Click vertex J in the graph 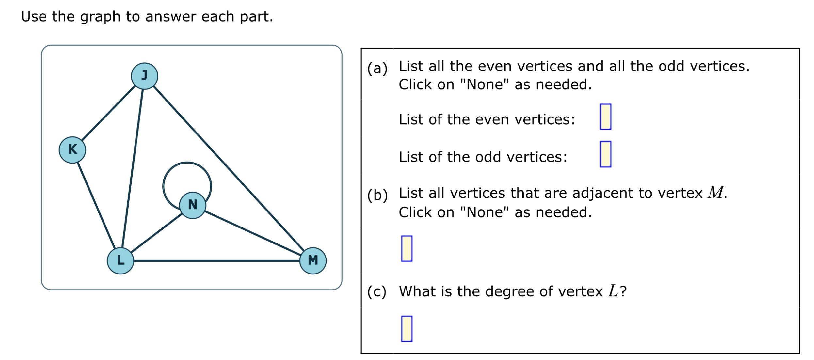click(x=144, y=76)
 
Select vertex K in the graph click(x=72, y=150)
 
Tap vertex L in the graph click(x=120, y=261)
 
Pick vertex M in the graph click(x=313, y=261)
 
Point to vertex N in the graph click(x=193, y=205)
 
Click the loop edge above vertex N click(x=187, y=163)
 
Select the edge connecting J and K click(x=108, y=113)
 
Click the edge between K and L click(x=96, y=206)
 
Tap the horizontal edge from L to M click(x=217, y=261)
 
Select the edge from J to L click(x=132, y=168)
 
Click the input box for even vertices click(x=605, y=117)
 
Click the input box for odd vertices click(x=605, y=154)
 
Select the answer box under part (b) click(x=407, y=249)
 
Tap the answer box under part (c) click(x=407, y=329)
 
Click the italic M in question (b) click(x=716, y=192)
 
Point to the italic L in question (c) click(x=613, y=291)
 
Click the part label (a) click(x=377, y=69)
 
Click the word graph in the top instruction click(x=100, y=17)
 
